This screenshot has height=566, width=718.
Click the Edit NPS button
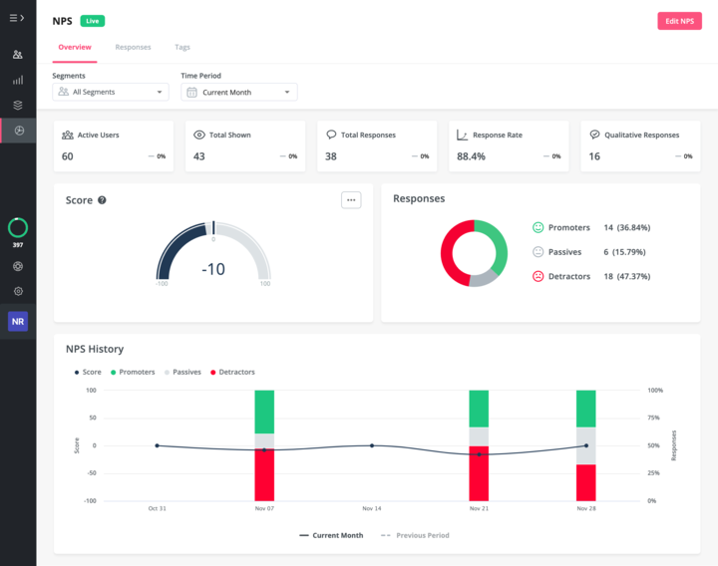679,21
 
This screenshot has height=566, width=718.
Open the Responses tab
133,47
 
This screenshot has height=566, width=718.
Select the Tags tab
182,47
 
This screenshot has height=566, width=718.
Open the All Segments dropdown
111,92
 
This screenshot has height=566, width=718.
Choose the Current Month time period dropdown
239,92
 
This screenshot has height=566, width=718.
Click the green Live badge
93,21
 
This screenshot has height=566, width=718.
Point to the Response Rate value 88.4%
471,156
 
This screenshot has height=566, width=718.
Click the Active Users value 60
68,156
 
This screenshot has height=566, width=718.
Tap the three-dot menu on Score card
350,199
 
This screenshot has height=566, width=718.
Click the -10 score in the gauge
213,269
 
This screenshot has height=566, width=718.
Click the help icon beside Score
102,200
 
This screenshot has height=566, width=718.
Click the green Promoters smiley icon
538,227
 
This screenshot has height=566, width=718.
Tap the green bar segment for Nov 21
479,409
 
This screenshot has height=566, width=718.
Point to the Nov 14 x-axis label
371,508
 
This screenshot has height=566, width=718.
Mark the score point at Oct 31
157,445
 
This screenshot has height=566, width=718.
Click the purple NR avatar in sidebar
18,322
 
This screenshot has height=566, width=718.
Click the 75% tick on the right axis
655,418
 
